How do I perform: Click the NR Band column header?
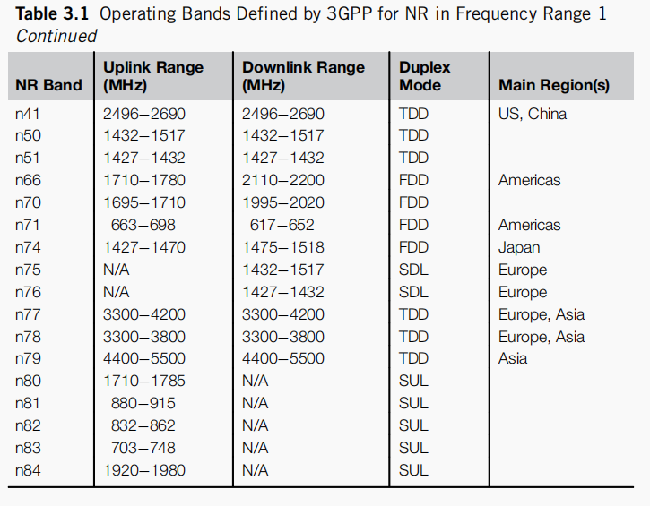[x=48, y=85]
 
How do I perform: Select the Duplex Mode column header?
[x=425, y=76]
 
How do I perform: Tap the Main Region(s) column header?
[x=554, y=85]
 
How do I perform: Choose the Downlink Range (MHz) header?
[x=302, y=76]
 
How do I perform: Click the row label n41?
[x=28, y=114]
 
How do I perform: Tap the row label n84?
[x=28, y=469]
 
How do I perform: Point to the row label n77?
[x=28, y=314]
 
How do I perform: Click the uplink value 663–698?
[x=143, y=225]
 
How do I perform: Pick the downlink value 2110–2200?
[x=283, y=180]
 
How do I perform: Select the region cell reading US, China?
[x=533, y=114]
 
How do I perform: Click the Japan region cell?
[x=519, y=247]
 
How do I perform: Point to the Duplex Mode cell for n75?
[x=413, y=270]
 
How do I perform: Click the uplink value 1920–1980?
[x=144, y=469]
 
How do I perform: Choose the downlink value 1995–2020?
[x=283, y=202]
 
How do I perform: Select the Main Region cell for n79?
[x=513, y=358]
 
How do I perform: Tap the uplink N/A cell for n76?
[x=117, y=292]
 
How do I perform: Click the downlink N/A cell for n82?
[x=256, y=425]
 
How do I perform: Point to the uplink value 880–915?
[x=143, y=403]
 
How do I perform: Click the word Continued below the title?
[x=56, y=37]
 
